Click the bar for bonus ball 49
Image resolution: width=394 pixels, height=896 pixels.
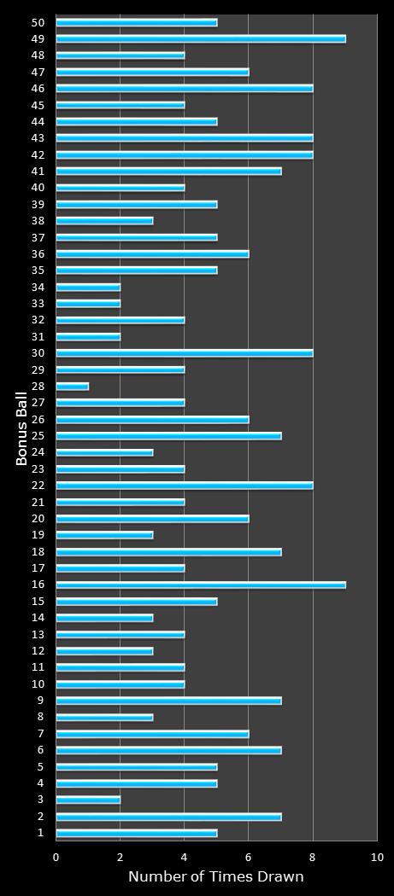pos(201,38)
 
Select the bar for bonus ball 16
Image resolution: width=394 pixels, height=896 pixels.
pos(201,585)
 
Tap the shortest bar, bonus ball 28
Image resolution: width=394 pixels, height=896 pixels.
pos(73,387)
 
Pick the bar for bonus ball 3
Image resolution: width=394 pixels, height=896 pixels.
pos(88,800)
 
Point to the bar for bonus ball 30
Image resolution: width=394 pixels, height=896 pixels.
pos(185,353)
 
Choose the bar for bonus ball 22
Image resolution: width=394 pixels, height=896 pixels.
pos(185,486)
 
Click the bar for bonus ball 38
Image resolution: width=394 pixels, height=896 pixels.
pos(104,220)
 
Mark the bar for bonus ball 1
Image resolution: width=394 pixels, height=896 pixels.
pos(137,833)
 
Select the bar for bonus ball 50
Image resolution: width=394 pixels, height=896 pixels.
pos(137,22)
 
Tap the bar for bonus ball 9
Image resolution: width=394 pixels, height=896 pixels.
pos(168,701)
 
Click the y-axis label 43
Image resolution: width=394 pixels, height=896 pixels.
pos(38,138)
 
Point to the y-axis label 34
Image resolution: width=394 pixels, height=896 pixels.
pos(38,287)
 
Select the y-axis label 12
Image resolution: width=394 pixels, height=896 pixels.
pos(38,651)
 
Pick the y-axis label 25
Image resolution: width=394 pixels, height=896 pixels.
pos(38,436)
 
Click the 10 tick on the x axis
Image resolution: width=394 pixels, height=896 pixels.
pos(377,857)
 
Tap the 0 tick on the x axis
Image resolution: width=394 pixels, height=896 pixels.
pos(56,857)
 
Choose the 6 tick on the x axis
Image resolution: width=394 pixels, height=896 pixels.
pos(249,857)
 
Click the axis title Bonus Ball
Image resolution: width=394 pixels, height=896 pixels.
pos(21,428)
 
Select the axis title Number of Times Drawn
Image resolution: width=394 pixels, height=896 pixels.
pos(215,876)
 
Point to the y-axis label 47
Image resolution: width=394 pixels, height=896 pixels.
pos(38,72)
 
